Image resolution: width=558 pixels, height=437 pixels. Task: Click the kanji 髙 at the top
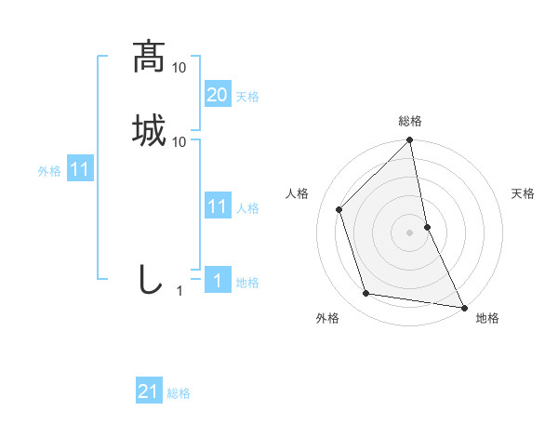(x=149, y=57)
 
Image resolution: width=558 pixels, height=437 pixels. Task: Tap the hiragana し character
(x=149, y=280)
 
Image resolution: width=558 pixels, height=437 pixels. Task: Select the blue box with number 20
(x=218, y=94)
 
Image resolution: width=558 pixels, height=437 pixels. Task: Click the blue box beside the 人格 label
(x=218, y=206)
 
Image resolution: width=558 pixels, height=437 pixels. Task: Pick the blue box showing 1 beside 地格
(x=218, y=282)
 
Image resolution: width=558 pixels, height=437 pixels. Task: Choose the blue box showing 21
(x=149, y=391)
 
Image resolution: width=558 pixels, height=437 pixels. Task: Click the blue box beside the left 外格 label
(x=80, y=170)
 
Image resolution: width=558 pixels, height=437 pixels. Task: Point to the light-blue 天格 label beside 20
(x=247, y=97)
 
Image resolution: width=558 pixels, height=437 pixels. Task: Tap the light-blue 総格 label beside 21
(x=179, y=393)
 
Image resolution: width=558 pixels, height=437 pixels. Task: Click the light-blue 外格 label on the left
(x=49, y=172)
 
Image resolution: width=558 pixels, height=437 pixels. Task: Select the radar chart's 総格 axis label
(x=410, y=121)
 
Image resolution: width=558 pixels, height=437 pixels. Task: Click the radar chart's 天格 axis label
(x=523, y=193)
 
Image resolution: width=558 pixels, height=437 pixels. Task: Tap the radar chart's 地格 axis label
(x=487, y=318)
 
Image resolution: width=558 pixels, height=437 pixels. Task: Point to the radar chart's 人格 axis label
(x=298, y=193)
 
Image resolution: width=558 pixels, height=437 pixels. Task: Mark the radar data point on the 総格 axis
(x=410, y=141)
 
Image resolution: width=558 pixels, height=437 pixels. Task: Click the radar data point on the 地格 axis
(x=463, y=307)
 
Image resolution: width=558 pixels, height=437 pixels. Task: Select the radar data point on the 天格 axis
(x=427, y=227)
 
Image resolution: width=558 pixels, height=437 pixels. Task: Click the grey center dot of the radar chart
(x=410, y=232)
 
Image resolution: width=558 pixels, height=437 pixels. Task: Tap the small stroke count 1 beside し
(x=179, y=291)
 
